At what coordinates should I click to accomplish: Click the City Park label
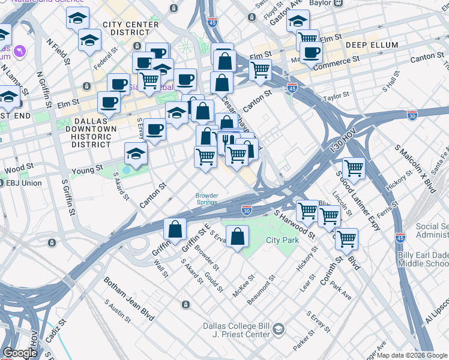point(282,240)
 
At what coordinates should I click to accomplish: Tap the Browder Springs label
point(206,199)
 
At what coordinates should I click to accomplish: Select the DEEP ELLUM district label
point(368,44)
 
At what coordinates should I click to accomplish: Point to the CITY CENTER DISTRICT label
point(131,28)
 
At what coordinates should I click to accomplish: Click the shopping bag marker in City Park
point(238,236)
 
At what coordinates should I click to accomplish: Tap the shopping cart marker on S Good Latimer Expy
point(354,168)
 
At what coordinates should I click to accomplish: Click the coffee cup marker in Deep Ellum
point(310,52)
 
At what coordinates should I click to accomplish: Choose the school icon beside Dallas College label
point(279,329)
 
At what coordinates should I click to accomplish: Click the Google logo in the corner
point(20,353)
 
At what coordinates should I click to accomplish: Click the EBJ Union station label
point(24,182)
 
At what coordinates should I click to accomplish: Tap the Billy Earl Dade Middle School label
point(423,259)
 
